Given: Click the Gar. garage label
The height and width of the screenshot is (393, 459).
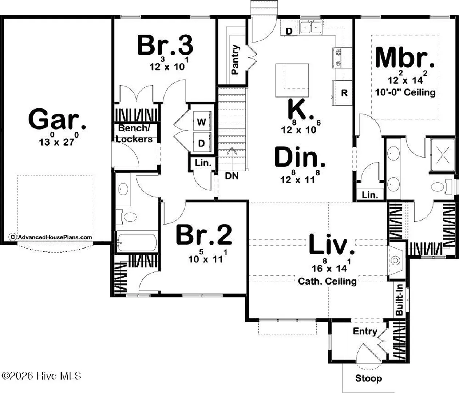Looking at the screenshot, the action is [57, 119].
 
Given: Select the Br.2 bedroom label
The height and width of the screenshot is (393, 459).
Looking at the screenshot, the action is [204, 235].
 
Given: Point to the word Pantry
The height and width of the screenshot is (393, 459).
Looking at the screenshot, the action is [235, 60].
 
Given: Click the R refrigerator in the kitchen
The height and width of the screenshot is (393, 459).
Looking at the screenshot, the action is [344, 93].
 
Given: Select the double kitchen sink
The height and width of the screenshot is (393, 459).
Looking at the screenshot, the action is [311, 27].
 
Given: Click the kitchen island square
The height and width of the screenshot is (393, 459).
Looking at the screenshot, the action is [292, 80].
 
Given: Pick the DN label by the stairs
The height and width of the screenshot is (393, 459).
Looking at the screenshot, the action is [232, 176].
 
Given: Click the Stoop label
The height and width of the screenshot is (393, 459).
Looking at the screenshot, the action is [369, 378].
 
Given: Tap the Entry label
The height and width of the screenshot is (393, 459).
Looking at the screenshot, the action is [365, 331].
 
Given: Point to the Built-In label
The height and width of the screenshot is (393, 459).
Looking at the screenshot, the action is [400, 300].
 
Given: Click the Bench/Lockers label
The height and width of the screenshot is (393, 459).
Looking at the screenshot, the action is [134, 134].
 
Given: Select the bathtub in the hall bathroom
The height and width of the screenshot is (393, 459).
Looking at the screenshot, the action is [136, 243].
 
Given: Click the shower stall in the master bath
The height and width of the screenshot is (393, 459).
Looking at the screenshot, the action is [443, 155].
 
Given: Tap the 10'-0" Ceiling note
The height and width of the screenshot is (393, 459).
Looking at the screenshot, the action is [405, 92].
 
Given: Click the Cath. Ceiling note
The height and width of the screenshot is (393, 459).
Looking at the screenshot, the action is [327, 281].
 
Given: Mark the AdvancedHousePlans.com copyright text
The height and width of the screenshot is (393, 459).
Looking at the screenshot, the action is [51, 237].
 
